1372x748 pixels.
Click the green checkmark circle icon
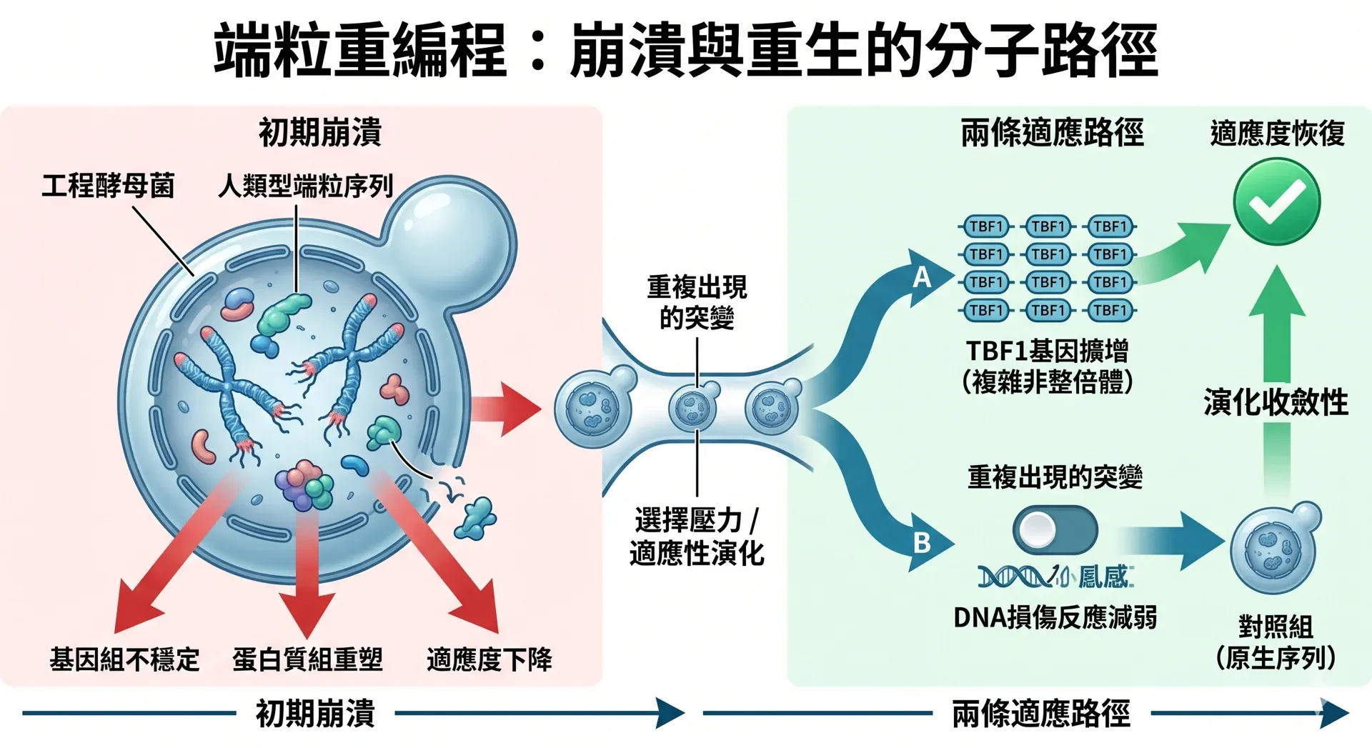pos(1276,201)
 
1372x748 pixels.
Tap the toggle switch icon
pos(1055,529)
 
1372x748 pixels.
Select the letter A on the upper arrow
pos(922,276)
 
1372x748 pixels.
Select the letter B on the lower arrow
pos(922,543)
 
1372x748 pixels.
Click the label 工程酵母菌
pos(108,186)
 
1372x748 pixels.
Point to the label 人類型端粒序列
pos(306,186)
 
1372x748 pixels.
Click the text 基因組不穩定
pos(124,659)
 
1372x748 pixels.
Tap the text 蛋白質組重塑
pos(307,659)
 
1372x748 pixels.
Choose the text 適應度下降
pos(489,659)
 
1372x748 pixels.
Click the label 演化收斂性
pos(1276,402)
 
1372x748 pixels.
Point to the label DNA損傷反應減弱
pos(1055,617)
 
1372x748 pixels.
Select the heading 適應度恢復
pos(1277,134)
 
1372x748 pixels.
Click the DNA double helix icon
pos(1015,577)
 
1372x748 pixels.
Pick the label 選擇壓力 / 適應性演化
pos(697,537)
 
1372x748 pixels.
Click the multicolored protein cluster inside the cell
pos(304,485)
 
